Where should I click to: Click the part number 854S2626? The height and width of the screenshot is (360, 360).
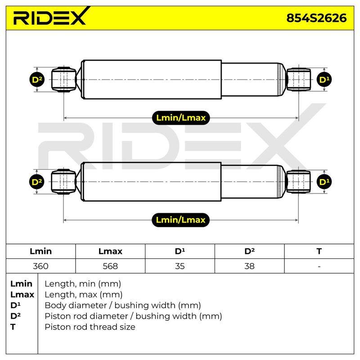[316, 18]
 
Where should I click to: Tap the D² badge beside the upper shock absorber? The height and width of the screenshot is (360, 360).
[37, 80]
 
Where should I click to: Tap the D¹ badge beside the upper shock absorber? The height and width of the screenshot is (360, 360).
[324, 80]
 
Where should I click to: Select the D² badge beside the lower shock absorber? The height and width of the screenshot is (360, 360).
[37, 182]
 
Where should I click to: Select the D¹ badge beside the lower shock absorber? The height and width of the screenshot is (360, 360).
[324, 182]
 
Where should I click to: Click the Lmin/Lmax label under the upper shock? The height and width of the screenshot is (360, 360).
[181, 118]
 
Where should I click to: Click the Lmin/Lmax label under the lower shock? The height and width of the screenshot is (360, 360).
[181, 220]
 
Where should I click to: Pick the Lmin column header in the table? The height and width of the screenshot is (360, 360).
[40, 251]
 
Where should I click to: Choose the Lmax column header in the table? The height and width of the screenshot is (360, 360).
[110, 251]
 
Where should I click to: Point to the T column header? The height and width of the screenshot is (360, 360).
[319, 251]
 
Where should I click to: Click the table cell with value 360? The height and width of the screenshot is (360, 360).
[40, 266]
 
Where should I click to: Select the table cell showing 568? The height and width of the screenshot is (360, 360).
[110, 266]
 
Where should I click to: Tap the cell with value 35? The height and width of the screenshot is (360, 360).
[180, 266]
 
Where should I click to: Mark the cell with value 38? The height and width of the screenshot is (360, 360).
[249, 266]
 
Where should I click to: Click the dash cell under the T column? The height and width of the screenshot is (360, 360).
[319, 266]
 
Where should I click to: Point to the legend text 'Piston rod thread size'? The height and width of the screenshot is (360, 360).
[90, 327]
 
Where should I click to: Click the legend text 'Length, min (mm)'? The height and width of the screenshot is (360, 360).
[83, 284]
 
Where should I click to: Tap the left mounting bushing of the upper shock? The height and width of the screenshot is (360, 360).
[63, 80]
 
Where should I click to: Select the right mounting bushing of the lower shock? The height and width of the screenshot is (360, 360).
[298, 182]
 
